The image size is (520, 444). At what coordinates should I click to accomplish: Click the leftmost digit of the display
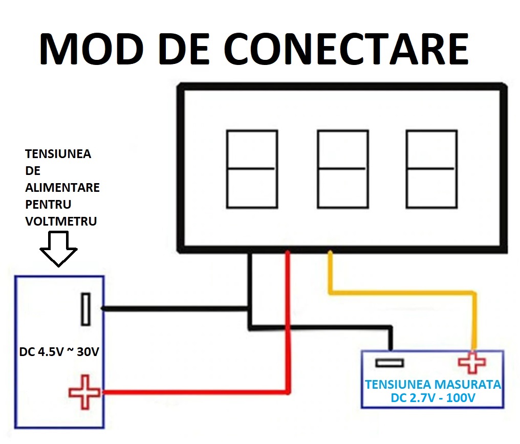251,169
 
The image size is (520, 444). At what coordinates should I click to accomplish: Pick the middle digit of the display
342,169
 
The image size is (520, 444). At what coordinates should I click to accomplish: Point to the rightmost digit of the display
431,169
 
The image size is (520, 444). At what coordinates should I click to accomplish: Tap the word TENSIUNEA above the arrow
58,154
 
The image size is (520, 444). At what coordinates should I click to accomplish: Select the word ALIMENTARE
62,187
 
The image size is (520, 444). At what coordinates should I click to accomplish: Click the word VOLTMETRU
61,221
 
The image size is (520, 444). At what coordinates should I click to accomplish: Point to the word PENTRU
48,204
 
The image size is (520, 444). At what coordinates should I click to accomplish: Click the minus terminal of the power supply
85,309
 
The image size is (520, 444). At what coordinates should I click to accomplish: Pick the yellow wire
404,293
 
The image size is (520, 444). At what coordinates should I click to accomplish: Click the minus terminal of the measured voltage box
389,363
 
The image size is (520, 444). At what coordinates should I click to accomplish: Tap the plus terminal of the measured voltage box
472,363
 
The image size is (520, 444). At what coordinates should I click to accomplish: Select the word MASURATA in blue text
466,384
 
